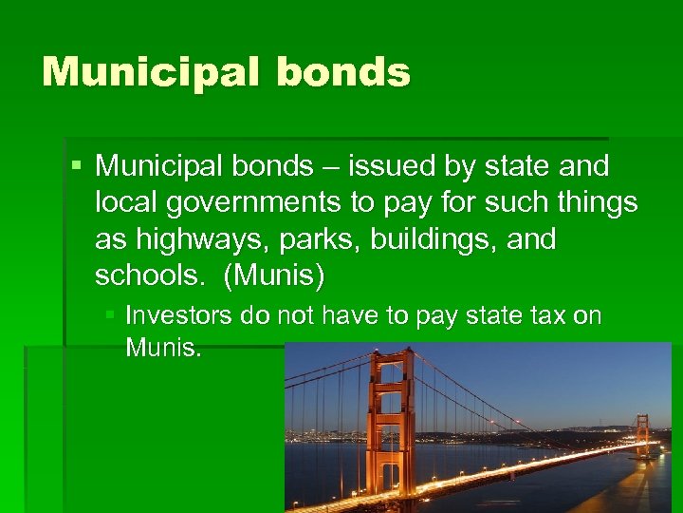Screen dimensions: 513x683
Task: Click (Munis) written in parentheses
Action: point(274,275)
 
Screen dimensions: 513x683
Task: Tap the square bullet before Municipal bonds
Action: point(77,166)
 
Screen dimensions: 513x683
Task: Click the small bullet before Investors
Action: point(112,314)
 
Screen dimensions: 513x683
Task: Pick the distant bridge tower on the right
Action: point(642,435)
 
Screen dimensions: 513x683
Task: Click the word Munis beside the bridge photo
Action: point(163,348)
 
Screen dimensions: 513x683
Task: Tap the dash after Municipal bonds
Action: point(330,168)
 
